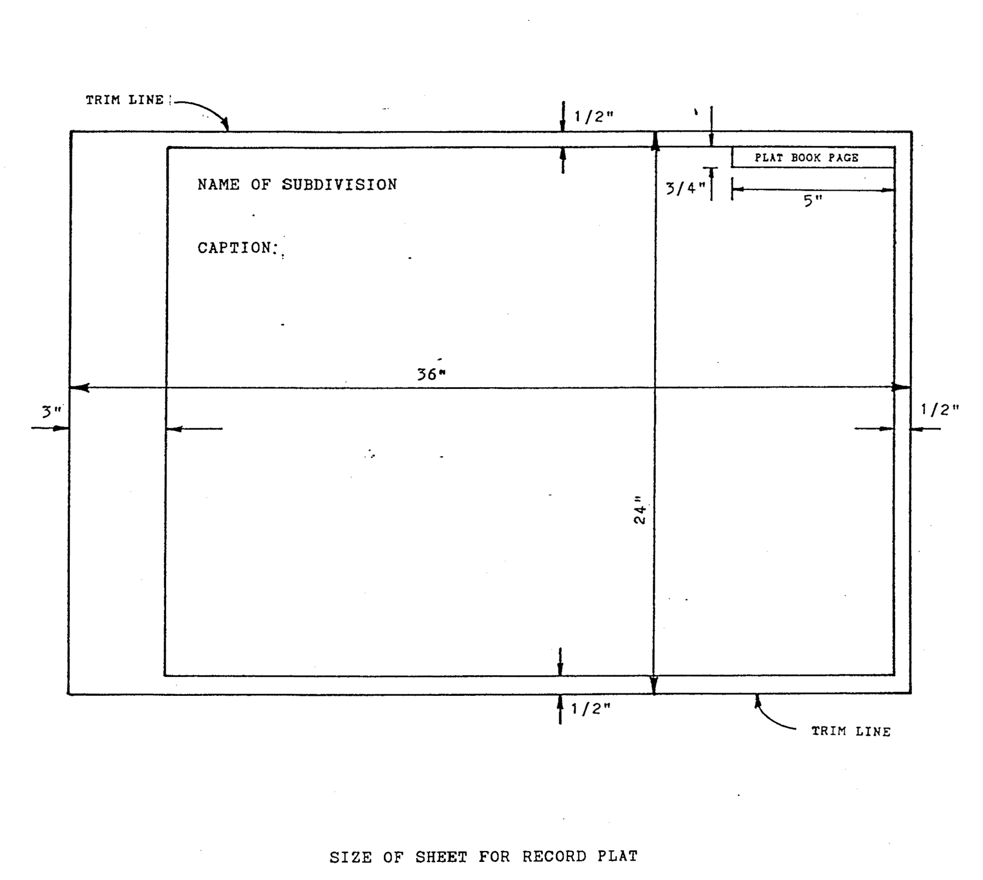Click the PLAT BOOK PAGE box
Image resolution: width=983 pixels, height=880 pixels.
[x=813, y=157]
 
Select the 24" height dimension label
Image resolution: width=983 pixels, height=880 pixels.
[x=639, y=510]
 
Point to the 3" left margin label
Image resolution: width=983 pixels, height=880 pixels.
[x=52, y=411]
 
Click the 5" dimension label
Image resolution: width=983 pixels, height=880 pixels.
[x=812, y=200]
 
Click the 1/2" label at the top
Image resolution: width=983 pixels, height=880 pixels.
[x=594, y=116]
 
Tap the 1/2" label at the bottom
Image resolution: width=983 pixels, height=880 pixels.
[x=590, y=708]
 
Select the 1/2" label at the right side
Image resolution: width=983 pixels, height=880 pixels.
[x=939, y=409]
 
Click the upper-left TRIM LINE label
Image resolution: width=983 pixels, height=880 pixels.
[x=125, y=100]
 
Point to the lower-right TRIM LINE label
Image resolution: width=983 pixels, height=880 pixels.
[x=850, y=731]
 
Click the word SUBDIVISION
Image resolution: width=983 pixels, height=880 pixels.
[x=339, y=185]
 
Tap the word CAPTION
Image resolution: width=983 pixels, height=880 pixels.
[x=235, y=248]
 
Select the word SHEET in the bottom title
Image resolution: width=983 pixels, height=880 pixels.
[x=441, y=857]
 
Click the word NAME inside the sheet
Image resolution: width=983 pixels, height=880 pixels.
[x=218, y=185]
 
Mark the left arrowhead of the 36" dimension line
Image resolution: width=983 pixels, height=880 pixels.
[x=79, y=388]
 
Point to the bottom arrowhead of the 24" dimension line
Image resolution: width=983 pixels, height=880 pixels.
[x=654, y=687]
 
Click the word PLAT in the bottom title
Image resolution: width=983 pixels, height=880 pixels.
[x=617, y=856]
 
